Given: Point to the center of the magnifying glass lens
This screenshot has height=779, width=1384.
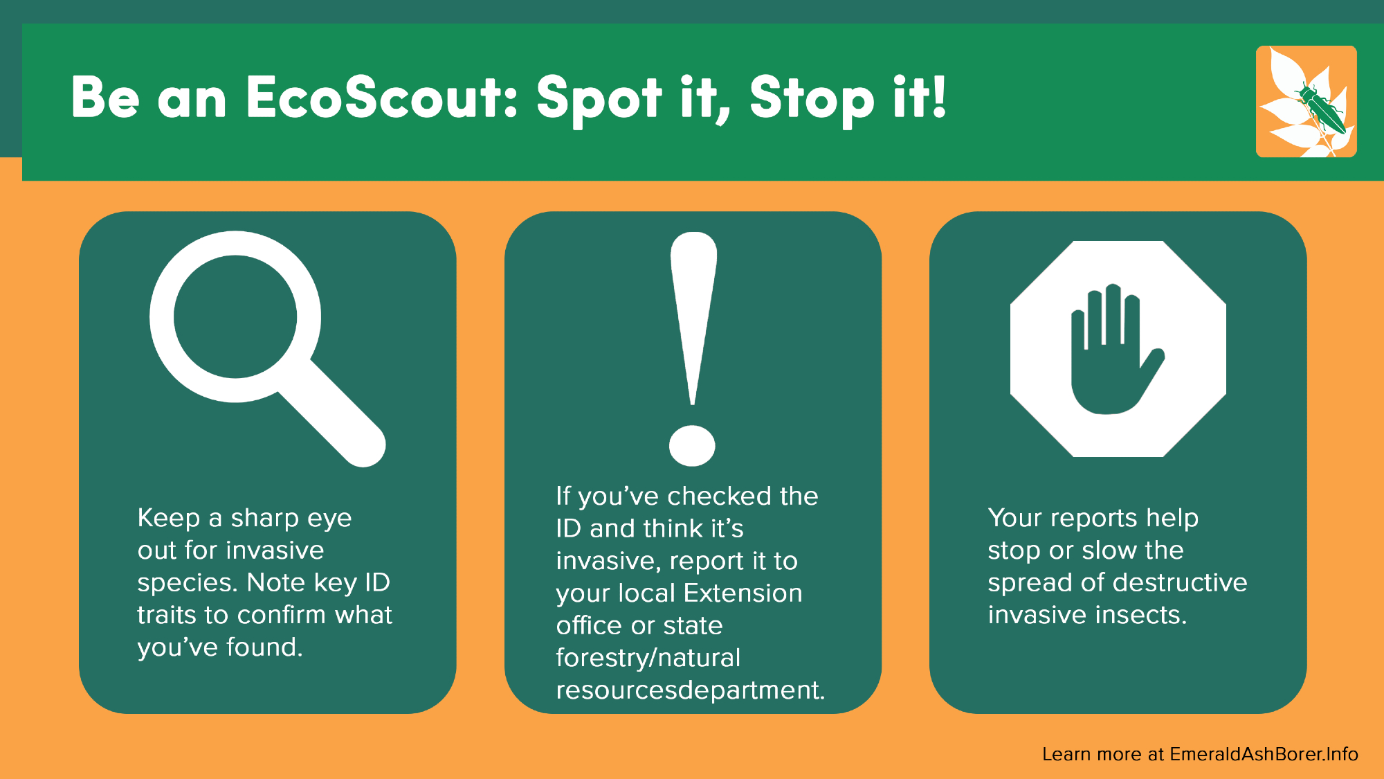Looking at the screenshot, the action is point(235,316).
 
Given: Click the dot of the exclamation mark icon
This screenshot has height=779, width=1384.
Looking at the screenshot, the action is point(692,445).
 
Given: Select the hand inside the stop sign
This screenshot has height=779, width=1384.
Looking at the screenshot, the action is point(1114,349).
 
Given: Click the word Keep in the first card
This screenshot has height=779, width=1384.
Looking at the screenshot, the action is point(169,518).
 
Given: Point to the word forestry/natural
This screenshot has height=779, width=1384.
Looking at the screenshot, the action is point(648,658).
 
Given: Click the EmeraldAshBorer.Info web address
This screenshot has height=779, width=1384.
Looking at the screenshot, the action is point(1264,754).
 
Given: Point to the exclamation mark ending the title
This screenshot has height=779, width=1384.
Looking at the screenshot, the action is point(938,96).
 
